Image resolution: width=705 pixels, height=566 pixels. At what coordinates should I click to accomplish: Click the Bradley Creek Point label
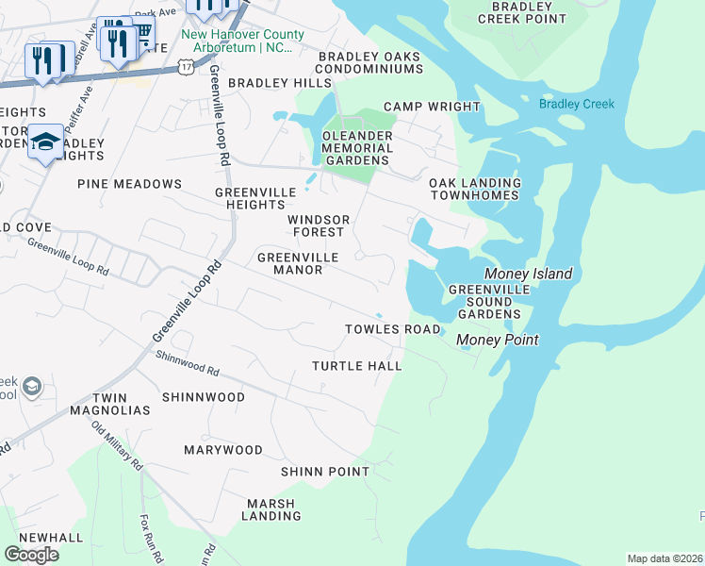[521, 12]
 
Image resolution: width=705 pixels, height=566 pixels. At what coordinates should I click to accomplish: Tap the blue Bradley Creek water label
[576, 104]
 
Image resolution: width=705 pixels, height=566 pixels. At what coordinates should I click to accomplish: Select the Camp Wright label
[432, 107]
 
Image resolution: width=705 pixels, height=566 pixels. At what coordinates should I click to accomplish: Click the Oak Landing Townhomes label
[474, 189]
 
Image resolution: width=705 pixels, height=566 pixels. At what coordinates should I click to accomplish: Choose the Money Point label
[497, 340]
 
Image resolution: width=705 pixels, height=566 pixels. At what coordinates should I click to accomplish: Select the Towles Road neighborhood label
[392, 329]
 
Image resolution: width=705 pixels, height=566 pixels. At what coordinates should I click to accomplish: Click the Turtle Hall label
[357, 366]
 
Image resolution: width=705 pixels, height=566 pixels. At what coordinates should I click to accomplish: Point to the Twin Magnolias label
[108, 405]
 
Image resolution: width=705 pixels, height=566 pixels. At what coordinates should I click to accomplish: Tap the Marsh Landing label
[271, 509]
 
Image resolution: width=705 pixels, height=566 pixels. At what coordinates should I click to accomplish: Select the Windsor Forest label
[319, 225]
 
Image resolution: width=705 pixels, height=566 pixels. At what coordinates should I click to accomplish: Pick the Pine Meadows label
[129, 184]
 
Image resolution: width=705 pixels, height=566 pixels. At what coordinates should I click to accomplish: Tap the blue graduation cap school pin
[45, 142]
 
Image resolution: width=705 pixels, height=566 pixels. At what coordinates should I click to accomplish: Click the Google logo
[31, 554]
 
